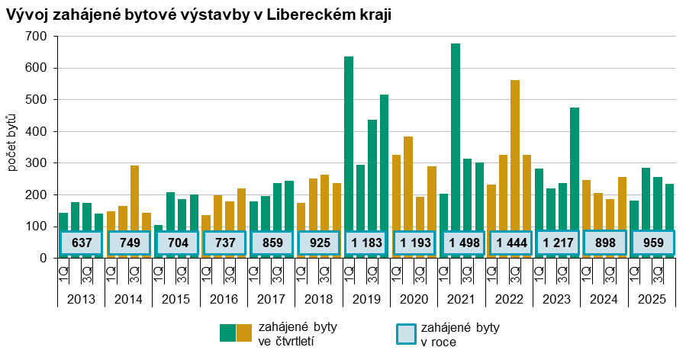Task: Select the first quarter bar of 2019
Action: [x=349, y=145]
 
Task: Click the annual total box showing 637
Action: [x=82, y=243]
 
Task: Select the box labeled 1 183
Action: [x=367, y=243]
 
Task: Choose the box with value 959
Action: [x=652, y=243]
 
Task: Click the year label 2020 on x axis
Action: [x=414, y=298]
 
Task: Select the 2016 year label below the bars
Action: [x=224, y=298]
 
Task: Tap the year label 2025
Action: [x=652, y=298]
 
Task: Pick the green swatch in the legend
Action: [x=227, y=333]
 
